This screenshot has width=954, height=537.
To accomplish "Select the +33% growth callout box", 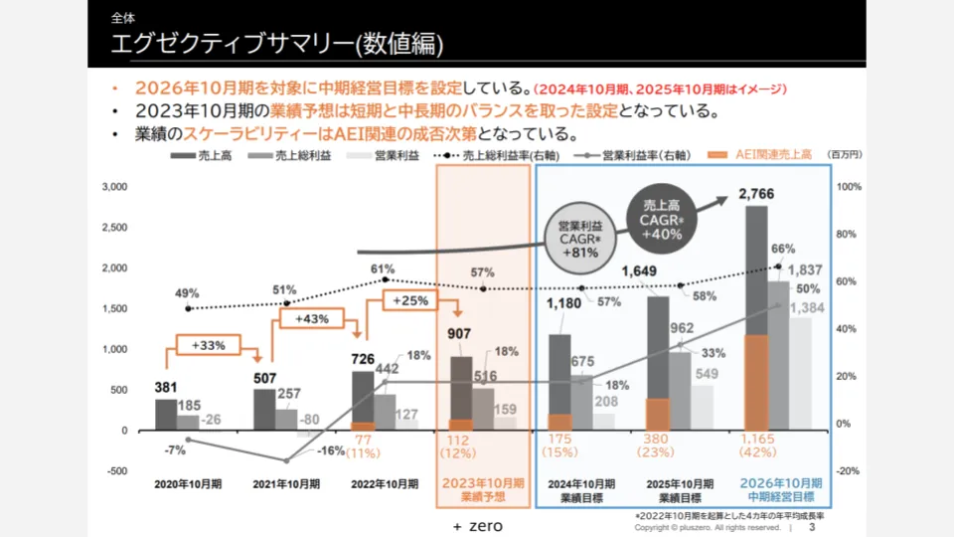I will point(208,345).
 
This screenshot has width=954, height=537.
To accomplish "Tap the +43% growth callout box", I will point(311,318).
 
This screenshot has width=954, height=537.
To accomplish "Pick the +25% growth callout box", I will point(409,300).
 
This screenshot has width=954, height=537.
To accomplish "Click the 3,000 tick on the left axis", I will point(116,186).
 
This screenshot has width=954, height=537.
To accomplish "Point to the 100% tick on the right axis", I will point(849,186).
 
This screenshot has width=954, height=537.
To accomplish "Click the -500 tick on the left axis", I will point(117,471).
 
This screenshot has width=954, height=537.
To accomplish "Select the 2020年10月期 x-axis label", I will point(188,485).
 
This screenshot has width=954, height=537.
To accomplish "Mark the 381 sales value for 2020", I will point(166,388).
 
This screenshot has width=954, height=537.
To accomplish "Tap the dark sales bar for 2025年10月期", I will point(658,348).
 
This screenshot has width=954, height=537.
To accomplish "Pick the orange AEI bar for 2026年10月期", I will point(756,383).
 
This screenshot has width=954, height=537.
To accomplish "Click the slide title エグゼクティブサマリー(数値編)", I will point(277,45).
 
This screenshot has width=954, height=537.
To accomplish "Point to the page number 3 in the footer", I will point(812,527).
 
